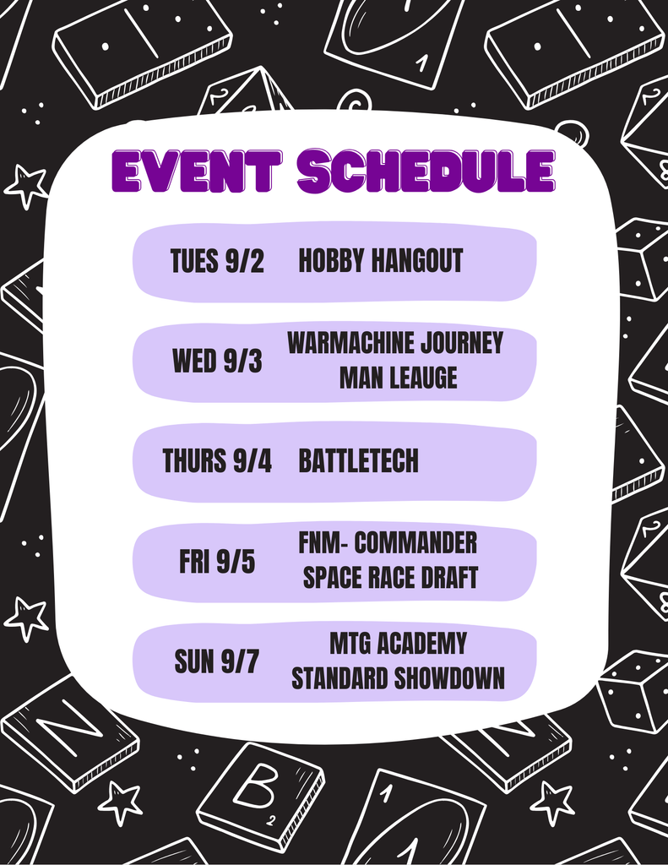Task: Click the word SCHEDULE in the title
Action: point(426,171)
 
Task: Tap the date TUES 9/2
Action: point(217,261)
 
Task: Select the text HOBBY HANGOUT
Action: point(381,261)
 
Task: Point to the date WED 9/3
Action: point(217,362)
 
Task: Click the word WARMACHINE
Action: point(351,343)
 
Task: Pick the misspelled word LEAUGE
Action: point(422,378)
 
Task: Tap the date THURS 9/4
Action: point(217,461)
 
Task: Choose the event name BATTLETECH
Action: point(358,461)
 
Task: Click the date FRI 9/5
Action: point(217,562)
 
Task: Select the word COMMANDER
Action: point(416,542)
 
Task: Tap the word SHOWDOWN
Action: point(454,678)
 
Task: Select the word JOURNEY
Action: point(462,343)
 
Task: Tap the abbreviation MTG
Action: point(350,644)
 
